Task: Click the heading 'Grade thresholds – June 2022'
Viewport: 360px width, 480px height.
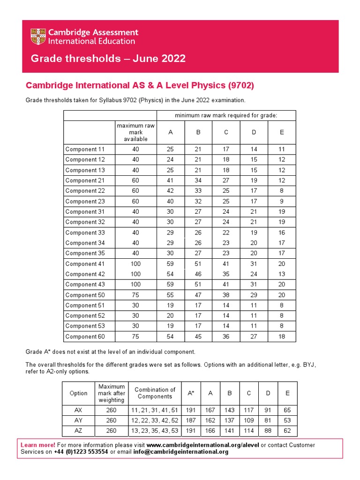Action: tap(108, 59)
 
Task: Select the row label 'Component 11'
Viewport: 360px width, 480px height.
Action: tap(85, 150)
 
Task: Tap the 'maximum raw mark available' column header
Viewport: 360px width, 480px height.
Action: tap(135, 132)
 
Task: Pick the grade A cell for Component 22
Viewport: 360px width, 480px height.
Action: tap(170, 191)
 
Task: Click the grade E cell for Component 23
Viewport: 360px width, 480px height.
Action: tap(281, 201)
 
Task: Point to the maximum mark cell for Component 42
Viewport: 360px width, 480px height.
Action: tap(135, 274)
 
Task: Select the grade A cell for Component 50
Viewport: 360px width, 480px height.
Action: tap(170, 295)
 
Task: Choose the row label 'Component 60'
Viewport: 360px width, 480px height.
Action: tap(85, 337)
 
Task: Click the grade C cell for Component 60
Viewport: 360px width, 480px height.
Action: tap(225, 337)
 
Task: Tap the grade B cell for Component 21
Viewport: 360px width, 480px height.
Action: tap(198, 180)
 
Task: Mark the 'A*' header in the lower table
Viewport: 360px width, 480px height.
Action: tap(191, 393)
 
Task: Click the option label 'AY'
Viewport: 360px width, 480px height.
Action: tap(78, 420)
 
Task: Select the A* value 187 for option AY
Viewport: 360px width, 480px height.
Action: tap(191, 420)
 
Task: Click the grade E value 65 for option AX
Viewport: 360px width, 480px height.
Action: tap(286, 410)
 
